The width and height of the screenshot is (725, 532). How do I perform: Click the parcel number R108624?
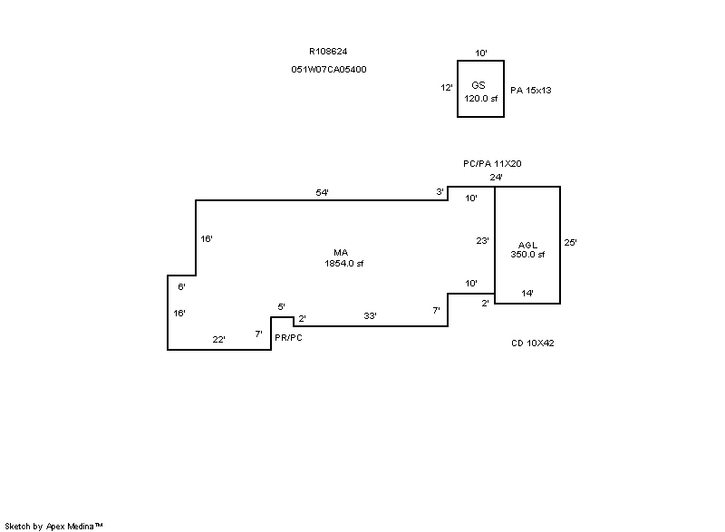[328, 52]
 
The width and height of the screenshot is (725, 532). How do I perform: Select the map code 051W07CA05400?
[329, 69]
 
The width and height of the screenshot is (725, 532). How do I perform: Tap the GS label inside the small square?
[478, 84]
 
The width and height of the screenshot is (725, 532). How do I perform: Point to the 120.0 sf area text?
[481, 98]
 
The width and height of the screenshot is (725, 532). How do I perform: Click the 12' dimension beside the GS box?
[446, 88]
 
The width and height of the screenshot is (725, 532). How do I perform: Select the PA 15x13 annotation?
[531, 91]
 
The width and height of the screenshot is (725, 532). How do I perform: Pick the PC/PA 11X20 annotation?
[492, 163]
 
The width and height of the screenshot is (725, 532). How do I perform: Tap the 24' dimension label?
[496, 178]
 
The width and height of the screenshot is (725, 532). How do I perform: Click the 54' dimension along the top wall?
[322, 192]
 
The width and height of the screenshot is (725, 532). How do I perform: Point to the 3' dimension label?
[440, 192]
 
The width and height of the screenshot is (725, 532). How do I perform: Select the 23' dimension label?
[483, 241]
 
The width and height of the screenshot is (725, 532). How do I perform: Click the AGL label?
[527, 245]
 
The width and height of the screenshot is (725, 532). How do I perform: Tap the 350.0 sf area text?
[527, 255]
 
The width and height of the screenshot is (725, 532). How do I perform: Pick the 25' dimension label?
[570, 242]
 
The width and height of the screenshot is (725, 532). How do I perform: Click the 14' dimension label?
[527, 293]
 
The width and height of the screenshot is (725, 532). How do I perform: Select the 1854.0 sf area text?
[343, 264]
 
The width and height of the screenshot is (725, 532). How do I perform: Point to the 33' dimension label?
[370, 315]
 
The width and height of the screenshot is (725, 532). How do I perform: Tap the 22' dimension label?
[218, 339]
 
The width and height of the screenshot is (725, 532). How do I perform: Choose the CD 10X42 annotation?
[532, 343]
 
